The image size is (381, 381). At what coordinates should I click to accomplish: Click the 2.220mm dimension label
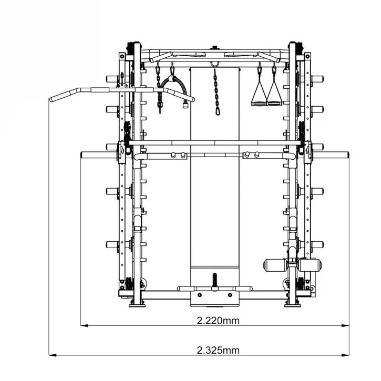[x=218, y=321]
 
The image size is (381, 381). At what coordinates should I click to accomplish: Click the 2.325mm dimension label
[x=218, y=351]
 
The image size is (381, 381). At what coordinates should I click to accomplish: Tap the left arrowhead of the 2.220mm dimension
[x=84, y=326]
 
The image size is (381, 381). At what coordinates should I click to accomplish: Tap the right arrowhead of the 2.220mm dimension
[x=345, y=326]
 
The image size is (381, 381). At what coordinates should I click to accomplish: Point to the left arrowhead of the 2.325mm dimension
[x=53, y=355]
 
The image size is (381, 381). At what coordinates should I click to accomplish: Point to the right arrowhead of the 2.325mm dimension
[x=345, y=355]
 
